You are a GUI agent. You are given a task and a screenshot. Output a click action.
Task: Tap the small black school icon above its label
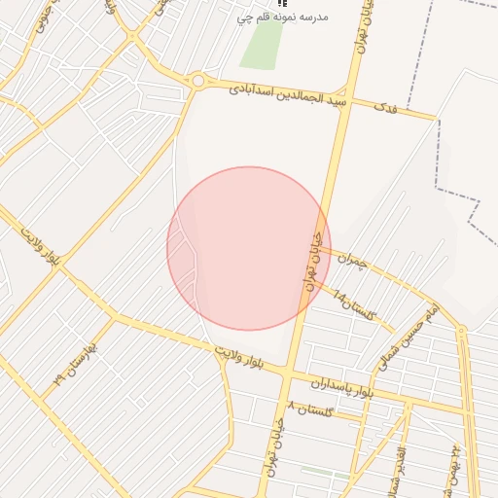[282, 4]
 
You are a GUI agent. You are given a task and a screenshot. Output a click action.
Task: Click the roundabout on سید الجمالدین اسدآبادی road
[198, 81]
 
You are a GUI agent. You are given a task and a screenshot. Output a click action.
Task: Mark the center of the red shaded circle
[249, 248]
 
